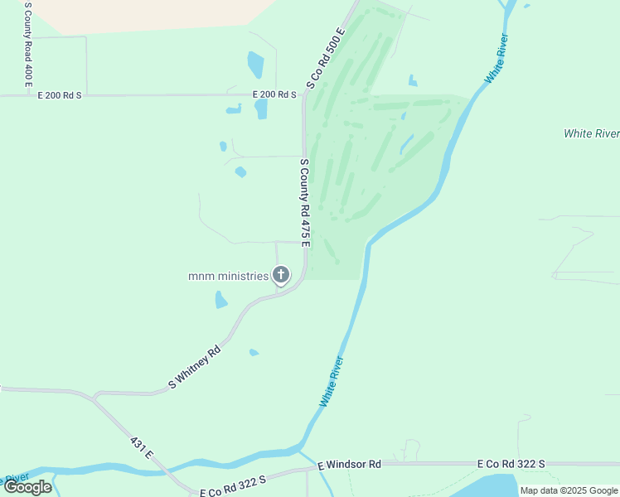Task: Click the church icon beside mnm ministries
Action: coord(281,275)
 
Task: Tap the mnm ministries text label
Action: coord(228,276)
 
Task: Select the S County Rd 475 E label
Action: coord(304,202)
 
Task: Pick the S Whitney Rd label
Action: coord(195,366)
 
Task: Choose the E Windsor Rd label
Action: coord(350,465)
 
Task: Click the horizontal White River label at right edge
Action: coord(591,133)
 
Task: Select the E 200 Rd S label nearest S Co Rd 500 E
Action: coord(274,95)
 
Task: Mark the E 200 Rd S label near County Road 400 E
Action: coord(60,96)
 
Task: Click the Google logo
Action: coord(27,487)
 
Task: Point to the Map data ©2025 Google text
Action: coord(569,490)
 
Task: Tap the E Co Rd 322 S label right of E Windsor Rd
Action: coord(511,465)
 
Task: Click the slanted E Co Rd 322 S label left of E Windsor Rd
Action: coord(233,486)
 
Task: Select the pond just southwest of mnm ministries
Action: coord(221,300)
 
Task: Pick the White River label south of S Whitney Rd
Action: coord(332,381)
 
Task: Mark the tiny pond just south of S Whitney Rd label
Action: coord(254,353)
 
